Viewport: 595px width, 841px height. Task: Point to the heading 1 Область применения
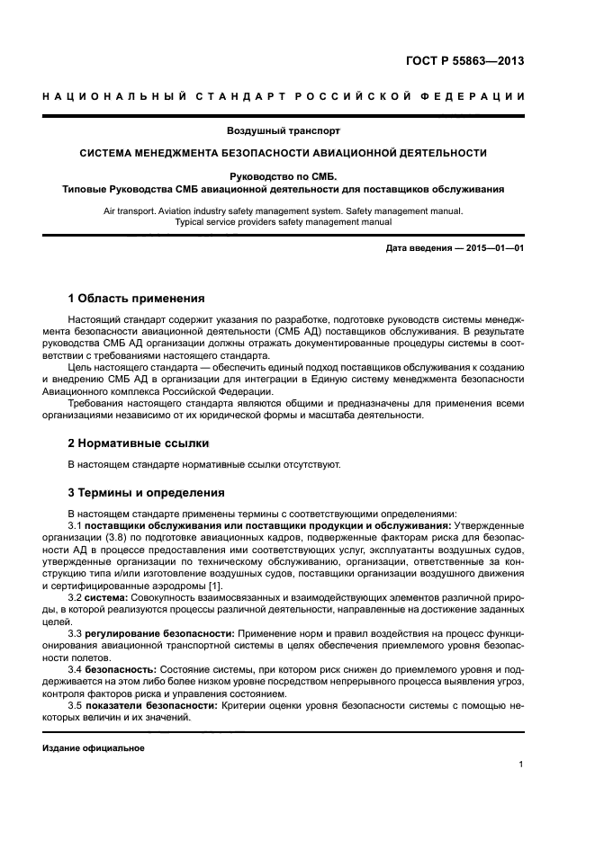click(137, 298)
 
